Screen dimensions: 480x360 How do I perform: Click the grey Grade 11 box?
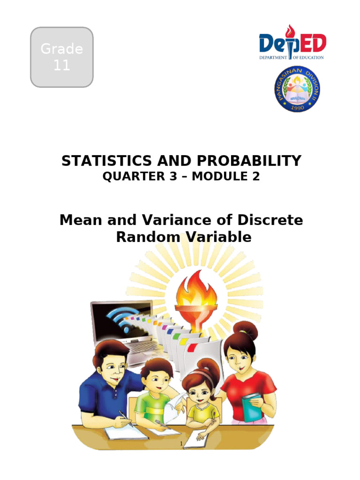pyautogui.click(x=61, y=57)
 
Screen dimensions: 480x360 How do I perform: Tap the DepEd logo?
pyautogui.click(x=292, y=43)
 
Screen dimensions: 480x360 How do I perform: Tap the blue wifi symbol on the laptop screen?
pyautogui.click(x=123, y=318)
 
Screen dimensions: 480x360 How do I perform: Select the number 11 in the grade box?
pyautogui.click(x=61, y=65)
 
